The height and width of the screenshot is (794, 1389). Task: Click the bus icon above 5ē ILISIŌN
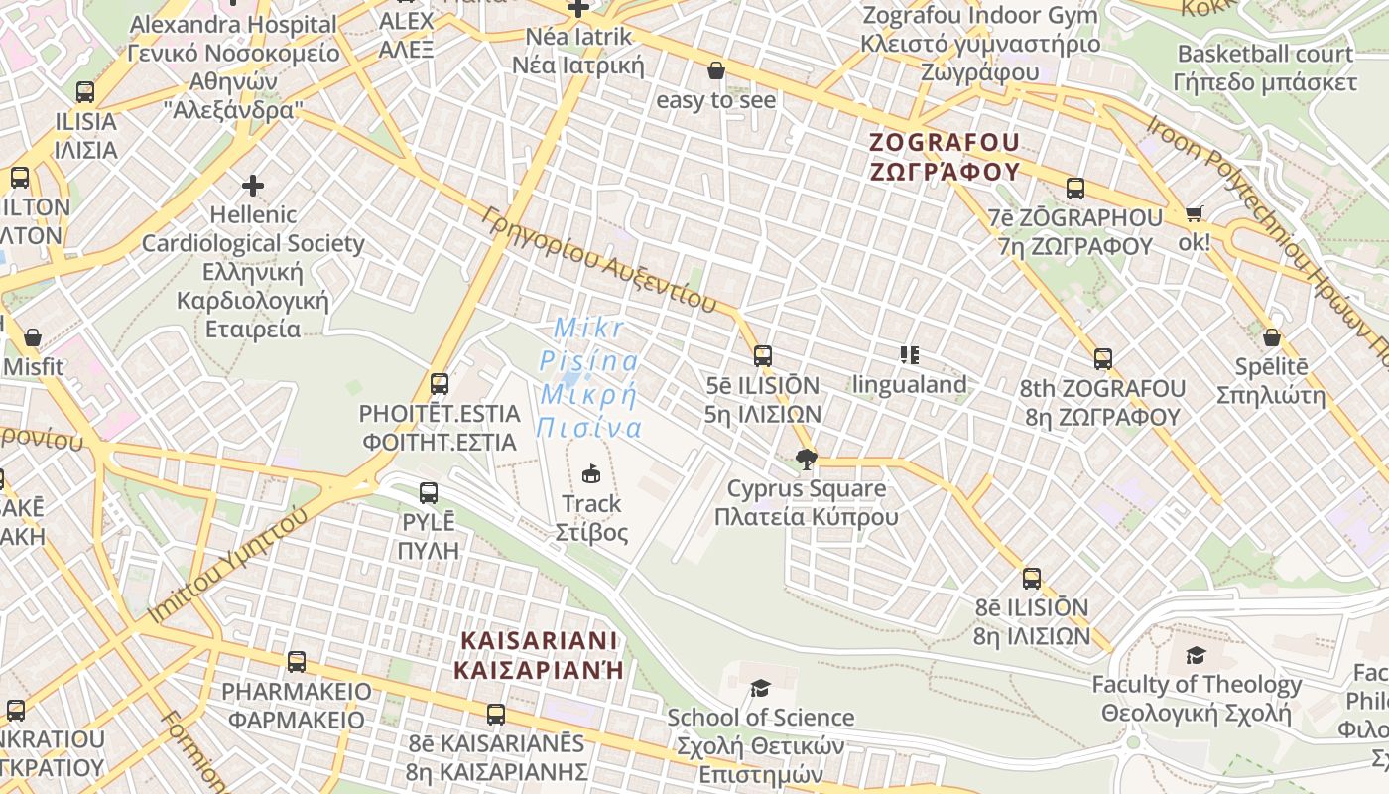point(762,355)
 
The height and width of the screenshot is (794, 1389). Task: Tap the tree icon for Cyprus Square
point(806,459)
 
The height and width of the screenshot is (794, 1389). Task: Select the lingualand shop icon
point(909,354)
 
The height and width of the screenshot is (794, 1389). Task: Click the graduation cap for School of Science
point(760,688)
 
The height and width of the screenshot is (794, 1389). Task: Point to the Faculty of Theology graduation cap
point(1196,655)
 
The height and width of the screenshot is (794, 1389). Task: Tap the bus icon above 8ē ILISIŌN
point(1032,578)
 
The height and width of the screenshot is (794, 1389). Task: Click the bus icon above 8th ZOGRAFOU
point(1102,358)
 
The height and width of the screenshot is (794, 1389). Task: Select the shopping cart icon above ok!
point(1195,213)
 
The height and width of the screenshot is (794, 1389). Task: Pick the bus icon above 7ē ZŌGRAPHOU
point(1074,188)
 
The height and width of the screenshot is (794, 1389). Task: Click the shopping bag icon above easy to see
point(715,70)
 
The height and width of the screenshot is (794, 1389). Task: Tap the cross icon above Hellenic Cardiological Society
point(253,185)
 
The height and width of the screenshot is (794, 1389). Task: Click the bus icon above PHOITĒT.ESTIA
point(439,383)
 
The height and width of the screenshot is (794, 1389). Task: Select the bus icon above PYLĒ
point(429,492)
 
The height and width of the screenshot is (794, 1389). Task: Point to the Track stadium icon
point(591,473)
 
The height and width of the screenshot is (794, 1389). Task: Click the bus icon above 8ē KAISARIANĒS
point(495,714)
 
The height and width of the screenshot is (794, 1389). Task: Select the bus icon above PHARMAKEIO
point(296,661)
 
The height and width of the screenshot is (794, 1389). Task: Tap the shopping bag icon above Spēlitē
point(1271,337)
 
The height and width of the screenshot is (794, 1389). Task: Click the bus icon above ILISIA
point(85,92)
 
